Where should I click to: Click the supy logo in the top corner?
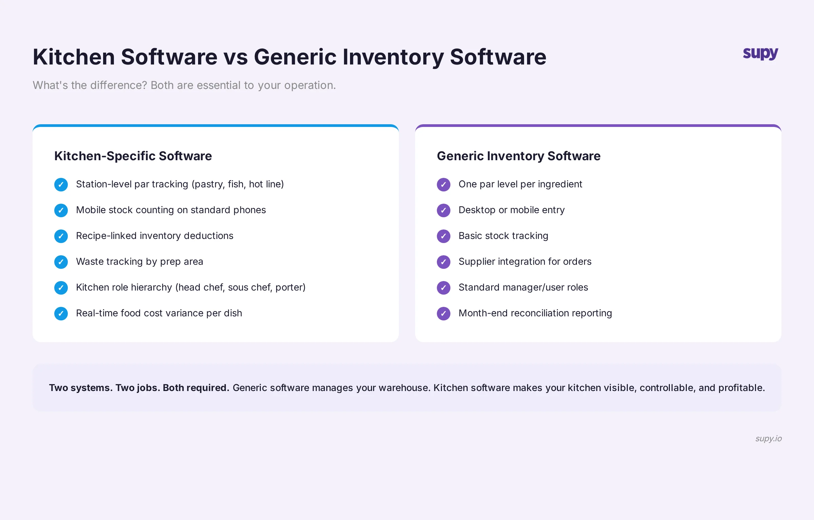[760, 54]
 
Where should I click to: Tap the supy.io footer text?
[768, 438]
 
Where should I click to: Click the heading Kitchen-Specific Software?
[133, 156]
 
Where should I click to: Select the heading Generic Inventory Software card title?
[519, 156]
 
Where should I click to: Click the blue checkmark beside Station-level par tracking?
[61, 185]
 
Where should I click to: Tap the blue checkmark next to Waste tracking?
[61, 262]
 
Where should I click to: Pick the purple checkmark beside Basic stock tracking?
[444, 236]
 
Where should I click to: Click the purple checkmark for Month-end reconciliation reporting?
[444, 314]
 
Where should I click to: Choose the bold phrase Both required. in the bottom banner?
[196, 388]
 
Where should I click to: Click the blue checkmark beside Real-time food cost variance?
[61, 314]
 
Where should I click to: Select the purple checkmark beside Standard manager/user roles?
[444, 288]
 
